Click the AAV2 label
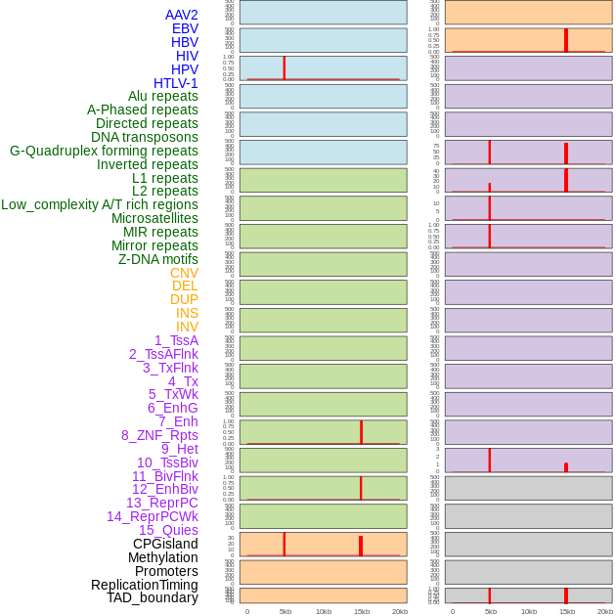tap(182, 15)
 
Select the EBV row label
tap(185, 28)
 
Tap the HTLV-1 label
tap(176, 83)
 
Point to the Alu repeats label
tap(163, 96)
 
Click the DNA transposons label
tap(145, 137)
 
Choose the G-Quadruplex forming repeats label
tap(104, 151)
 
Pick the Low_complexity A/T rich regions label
tap(100, 204)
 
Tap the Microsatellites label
tap(154, 218)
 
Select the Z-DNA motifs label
tap(158, 259)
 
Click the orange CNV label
tap(184, 273)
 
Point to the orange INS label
tap(187, 313)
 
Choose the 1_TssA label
tap(176, 340)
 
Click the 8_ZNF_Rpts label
tap(159, 435)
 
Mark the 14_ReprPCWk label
tap(153, 516)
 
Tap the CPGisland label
tap(165, 544)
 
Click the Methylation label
tap(163, 557)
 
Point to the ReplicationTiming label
tap(144, 585)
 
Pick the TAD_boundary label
tap(153, 597)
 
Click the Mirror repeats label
tap(154, 245)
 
